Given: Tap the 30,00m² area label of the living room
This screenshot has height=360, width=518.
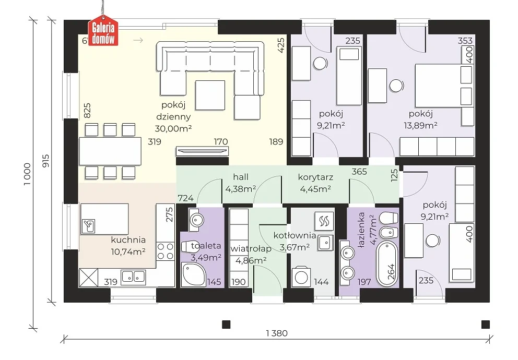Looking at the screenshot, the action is click(x=173, y=128).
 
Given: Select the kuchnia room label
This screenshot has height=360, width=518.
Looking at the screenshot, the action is click(x=128, y=239).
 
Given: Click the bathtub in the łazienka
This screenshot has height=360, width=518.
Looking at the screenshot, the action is click(x=387, y=263).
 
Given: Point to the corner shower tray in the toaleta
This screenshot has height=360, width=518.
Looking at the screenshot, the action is click(x=194, y=274).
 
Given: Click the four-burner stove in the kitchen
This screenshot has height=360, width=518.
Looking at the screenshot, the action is click(x=165, y=251).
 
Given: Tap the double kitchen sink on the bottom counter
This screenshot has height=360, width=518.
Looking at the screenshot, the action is click(x=133, y=277).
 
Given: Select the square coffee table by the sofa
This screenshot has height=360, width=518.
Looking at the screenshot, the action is click(x=210, y=95).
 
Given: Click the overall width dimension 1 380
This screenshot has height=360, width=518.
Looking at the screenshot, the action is click(x=277, y=333).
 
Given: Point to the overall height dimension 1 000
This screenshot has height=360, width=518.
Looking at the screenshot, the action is click(x=28, y=174).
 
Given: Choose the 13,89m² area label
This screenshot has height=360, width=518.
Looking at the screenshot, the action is click(x=420, y=125).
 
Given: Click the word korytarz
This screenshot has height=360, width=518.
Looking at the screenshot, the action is click(x=315, y=177).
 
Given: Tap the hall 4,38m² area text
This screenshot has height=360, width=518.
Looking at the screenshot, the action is click(x=241, y=189).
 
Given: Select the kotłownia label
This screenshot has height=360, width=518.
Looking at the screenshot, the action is click(x=295, y=235).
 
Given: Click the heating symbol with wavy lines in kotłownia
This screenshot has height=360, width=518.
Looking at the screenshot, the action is click(x=324, y=221).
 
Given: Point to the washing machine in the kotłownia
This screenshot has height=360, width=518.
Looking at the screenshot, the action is click(x=301, y=277).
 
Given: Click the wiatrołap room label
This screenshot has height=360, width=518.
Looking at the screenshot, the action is click(x=251, y=248).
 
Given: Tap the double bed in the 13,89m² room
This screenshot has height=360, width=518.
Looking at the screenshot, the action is click(x=444, y=85).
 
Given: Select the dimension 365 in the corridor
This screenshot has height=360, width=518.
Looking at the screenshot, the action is click(x=359, y=172).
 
